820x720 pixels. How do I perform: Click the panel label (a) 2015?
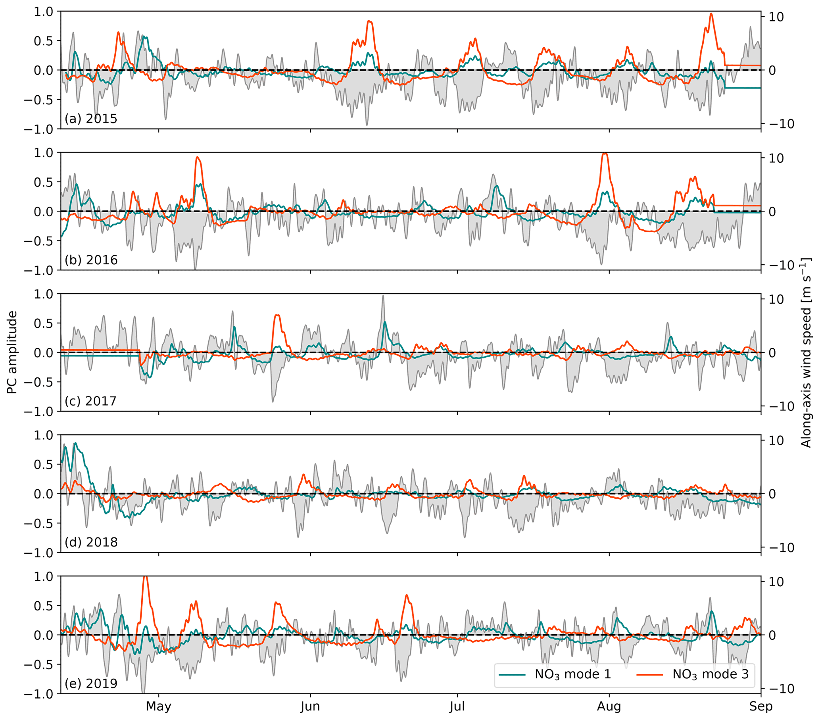[91, 119]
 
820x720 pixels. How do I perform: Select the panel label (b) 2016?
[91, 260]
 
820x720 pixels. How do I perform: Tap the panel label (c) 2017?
[91, 401]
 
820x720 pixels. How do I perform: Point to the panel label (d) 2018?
[91, 542]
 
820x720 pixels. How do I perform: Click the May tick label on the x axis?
[159, 706]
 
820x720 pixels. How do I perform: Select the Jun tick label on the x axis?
[311, 706]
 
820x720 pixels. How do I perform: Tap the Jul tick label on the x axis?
[457, 706]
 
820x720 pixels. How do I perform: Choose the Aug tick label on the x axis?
[609, 706]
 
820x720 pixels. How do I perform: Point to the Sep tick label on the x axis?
[760, 706]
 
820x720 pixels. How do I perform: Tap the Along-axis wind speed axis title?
[806, 352]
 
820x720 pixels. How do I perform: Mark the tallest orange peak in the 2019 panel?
[146, 578]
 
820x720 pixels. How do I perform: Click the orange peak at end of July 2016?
[605, 153]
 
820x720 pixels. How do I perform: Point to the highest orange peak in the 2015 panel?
[711, 13]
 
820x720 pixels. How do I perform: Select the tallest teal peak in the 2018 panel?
[75, 443]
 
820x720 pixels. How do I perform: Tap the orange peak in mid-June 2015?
[369, 21]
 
